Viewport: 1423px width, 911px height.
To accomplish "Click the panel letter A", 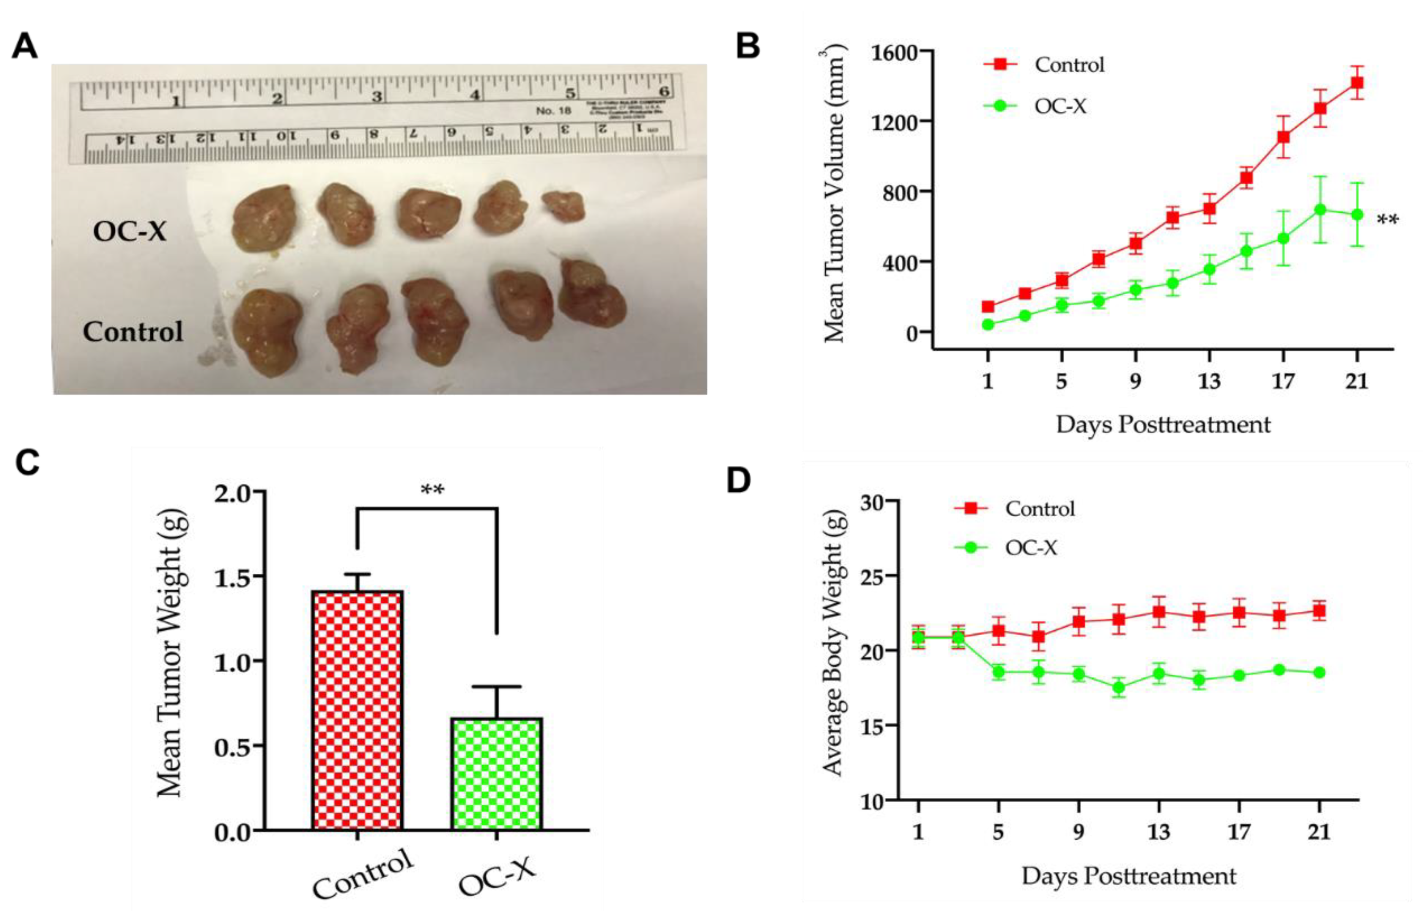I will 25,46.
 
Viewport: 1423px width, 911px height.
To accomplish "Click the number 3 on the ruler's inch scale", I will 376,96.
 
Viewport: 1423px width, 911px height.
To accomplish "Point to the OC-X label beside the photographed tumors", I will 130,231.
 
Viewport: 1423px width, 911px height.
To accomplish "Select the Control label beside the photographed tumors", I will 133,332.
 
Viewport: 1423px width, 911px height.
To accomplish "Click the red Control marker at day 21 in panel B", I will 1357,83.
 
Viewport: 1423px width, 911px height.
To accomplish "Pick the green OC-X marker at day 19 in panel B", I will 1320,210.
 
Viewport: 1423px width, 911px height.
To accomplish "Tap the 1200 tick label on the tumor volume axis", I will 894,122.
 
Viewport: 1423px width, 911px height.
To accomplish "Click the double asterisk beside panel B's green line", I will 1388,221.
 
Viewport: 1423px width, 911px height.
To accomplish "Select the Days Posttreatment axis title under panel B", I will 1163,425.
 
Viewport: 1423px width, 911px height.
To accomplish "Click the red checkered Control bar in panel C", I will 357,710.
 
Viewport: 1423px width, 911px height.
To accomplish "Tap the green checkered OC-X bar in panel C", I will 497,773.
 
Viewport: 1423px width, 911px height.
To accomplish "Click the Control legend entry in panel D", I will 1040,509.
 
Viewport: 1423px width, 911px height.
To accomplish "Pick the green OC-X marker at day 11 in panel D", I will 1118,687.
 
